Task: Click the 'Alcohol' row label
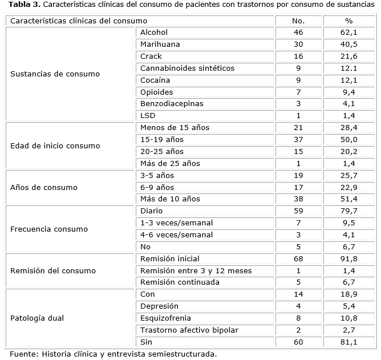click(153, 33)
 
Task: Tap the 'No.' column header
click(298, 21)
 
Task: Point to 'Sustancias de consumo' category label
click(55, 74)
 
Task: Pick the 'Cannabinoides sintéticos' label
click(187, 68)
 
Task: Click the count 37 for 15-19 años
click(298, 140)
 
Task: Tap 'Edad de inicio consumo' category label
click(55, 145)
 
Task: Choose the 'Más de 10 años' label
click(170, 199)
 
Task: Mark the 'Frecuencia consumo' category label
click(49, 229)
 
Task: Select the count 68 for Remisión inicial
click(298, 258)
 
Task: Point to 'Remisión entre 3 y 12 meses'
click(196, 270)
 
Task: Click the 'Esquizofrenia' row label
click(165, 318)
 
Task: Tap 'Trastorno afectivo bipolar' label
click(189, 330)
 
